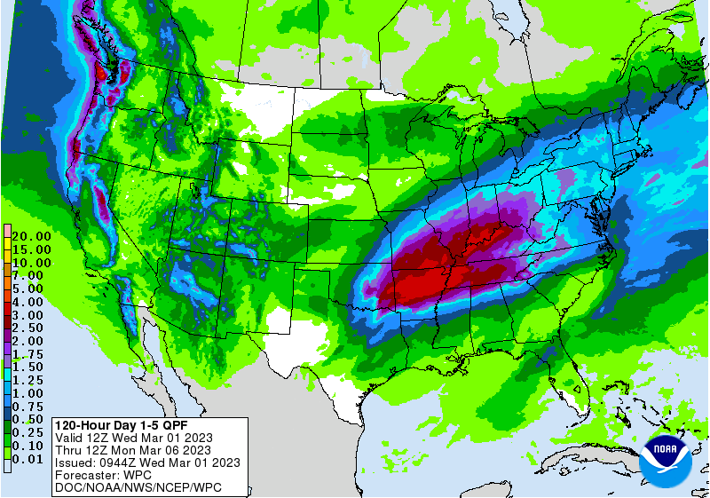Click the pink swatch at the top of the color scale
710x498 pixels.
pyautogui.click(x=6, y=231)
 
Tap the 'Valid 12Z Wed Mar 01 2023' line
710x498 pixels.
pyautogui.click(x=133, y=438)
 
